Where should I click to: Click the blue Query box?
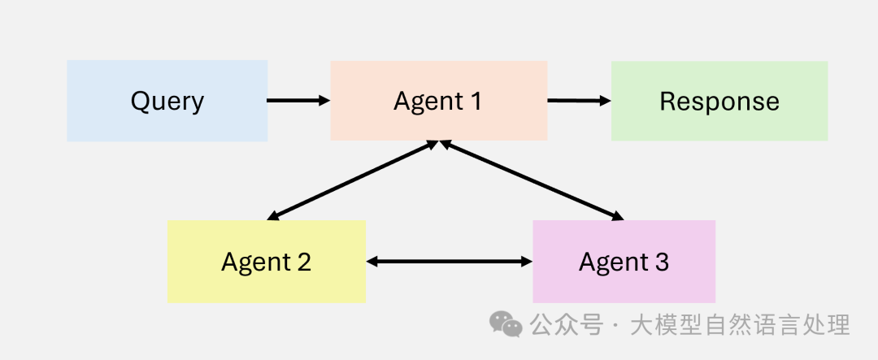167,101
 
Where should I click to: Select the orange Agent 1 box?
438,101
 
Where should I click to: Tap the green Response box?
719,101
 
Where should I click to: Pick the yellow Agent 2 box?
266,262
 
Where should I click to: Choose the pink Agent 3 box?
624,262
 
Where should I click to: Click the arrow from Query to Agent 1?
298,101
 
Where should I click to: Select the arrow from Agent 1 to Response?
579,101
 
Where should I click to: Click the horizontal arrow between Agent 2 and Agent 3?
449,262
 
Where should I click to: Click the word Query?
167,102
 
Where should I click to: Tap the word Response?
719,102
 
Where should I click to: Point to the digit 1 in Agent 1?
475,101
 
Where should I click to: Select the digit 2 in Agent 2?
303,262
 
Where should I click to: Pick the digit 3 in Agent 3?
661,262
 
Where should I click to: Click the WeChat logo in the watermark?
506,325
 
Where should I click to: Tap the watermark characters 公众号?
567,325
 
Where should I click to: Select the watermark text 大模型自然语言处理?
740,325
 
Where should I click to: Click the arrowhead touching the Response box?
605,101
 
